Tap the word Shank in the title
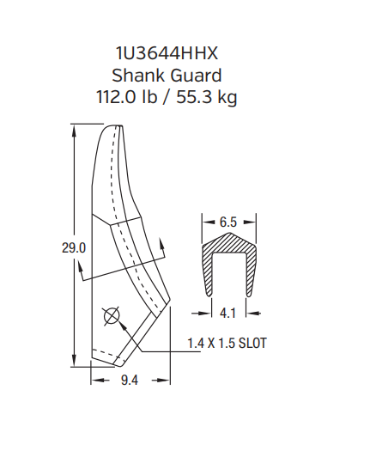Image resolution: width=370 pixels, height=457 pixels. pyautogui.click(x=139, y=76)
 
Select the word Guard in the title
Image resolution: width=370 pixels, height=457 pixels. pyautogui.click(x=196, y=76)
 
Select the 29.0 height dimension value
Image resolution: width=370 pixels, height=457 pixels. pyautogui.click(x=74, y=248)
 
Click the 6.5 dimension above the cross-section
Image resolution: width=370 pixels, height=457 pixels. pyautogui.click(x=227, y=222)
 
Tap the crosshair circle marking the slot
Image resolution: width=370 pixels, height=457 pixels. pyautogui.click(x=110, y=316)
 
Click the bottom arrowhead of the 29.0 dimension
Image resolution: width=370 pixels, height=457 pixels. pyautogui.click(x=76, y=360)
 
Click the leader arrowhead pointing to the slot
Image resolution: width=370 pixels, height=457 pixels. pyautogui.click(x=124, y=326)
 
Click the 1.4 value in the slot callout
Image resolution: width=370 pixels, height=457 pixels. pyautogui.click(x=196, y=343)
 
